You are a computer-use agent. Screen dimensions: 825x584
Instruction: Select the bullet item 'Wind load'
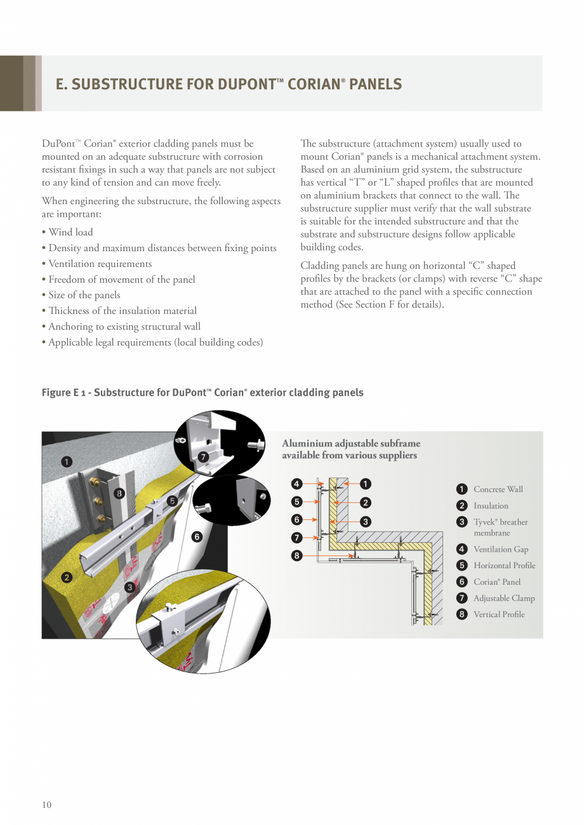pyautogui.click(x=70, y=232)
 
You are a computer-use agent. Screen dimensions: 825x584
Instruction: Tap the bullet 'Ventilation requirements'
pyautogui.click(x=100, y=264)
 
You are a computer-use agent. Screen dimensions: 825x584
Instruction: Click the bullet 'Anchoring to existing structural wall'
pyautogui.click(x=124, y=327)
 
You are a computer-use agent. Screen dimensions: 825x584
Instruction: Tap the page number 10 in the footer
pyautogui.click(x=47, y=805)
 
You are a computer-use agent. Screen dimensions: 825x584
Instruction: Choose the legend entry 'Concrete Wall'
pyautogui.click(x=498, y=489)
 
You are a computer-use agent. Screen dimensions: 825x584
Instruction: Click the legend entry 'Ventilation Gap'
pyautogui.click(x=500, y=549)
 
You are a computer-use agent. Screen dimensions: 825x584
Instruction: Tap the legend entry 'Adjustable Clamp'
pyautogui.click(x=503, y=598)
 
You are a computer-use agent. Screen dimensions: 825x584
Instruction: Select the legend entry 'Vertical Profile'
pyautogui.click(x=498, y=614)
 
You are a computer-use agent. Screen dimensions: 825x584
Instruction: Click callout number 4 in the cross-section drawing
pyautogui.click(x=296, y=484)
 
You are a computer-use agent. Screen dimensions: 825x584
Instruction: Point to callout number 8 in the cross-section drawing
pyautogui.click(x=296, y=556)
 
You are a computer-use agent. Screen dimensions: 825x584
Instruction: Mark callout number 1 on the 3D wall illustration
pyautogui.click(x=67, y=461)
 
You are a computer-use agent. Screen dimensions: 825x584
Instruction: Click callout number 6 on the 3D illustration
pyautogui.click(x=197, y=536)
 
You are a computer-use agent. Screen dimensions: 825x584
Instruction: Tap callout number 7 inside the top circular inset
pyautogui.click(x=203, y=457)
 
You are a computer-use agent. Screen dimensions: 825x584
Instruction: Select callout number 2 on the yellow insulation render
pyautogui.click(x=67, y=577)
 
